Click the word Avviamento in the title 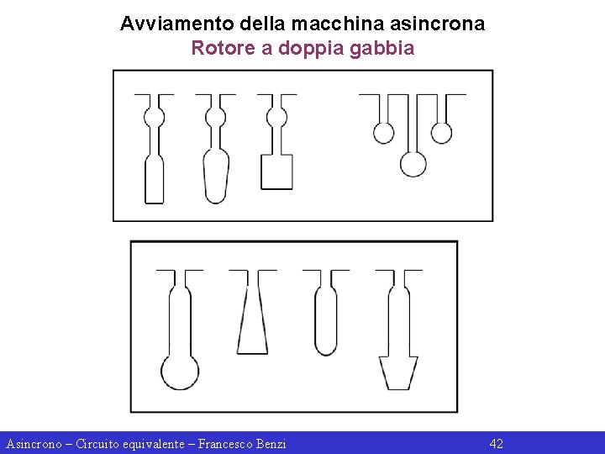click(177, 24)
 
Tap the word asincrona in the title click(437, 24)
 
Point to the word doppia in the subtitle click(311, 49)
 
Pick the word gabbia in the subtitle click(382, 49)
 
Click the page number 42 click(497, 444)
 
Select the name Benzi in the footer click(271, 444)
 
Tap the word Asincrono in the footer click(34, 444)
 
